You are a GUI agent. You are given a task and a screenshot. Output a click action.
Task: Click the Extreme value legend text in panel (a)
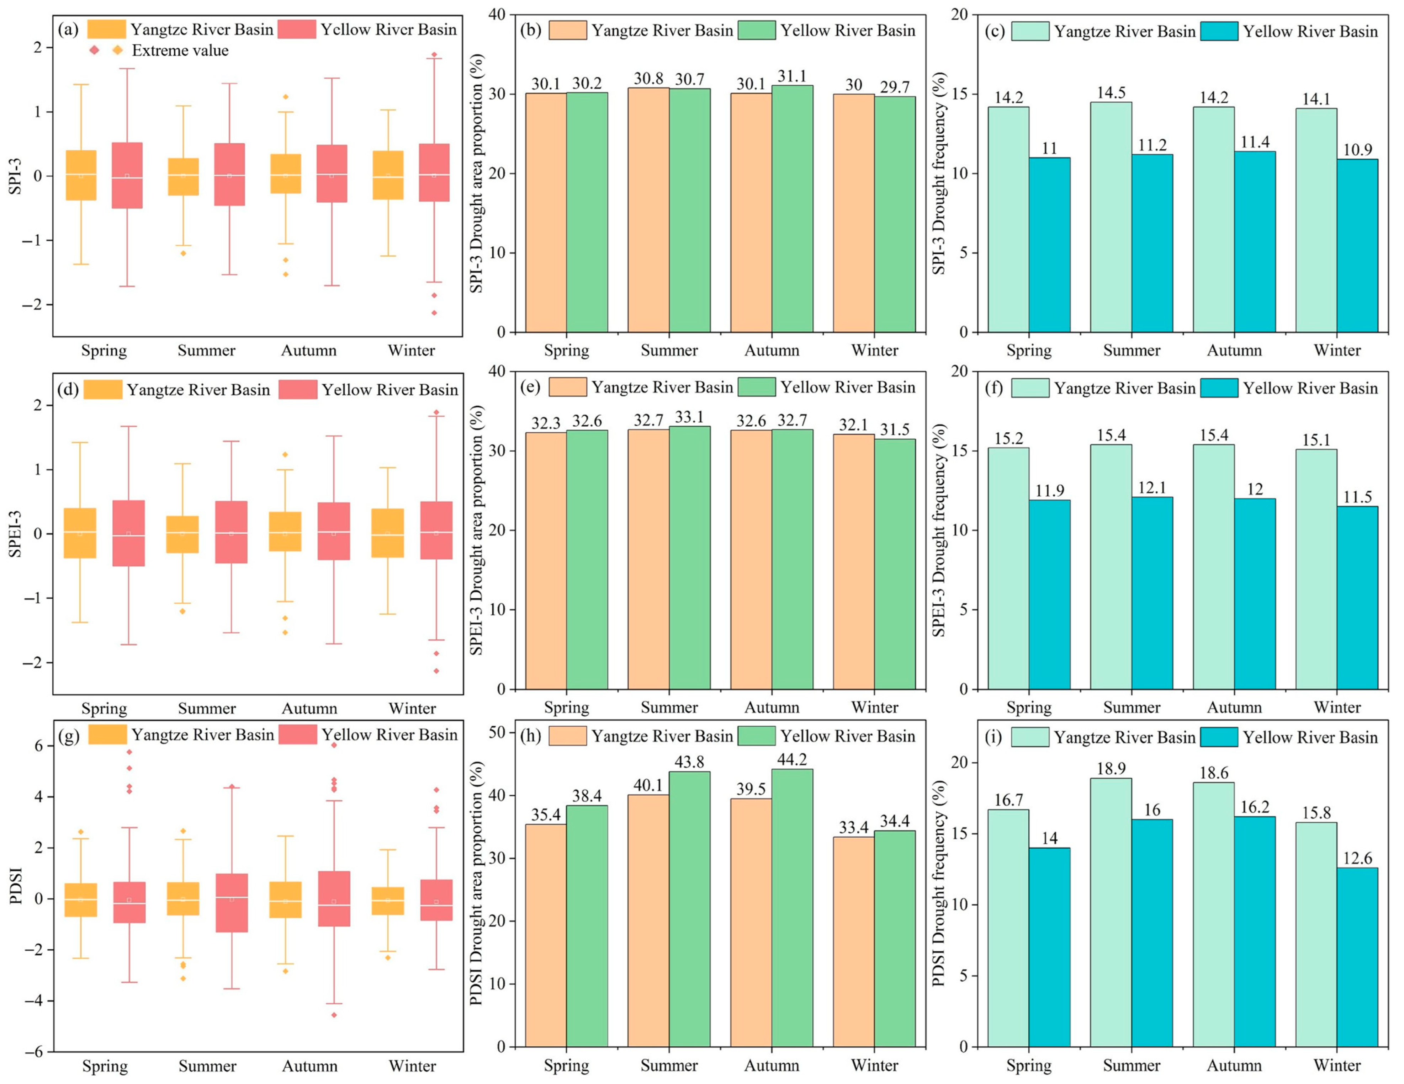tap(180, 50)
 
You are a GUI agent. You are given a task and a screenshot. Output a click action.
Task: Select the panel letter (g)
tap(68, 736)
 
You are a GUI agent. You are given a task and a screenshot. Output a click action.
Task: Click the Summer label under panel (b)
tap(669, 350)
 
